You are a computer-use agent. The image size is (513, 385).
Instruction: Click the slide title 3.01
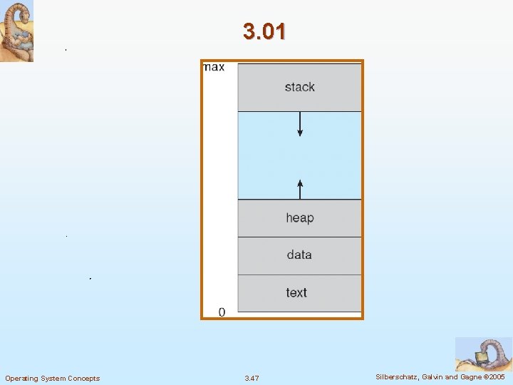264,31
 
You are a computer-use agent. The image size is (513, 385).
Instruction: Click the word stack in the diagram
299,87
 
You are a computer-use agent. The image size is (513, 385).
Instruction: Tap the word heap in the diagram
299,217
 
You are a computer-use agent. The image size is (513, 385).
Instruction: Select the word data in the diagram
299,255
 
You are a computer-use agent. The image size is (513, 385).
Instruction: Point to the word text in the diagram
296,292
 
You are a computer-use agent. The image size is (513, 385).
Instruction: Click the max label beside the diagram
214,67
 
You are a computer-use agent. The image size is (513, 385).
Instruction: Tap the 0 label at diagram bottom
222,312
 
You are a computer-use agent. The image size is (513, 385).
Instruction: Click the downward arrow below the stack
300,124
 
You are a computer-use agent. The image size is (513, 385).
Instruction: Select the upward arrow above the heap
300,188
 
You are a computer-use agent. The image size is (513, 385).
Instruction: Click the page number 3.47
252,378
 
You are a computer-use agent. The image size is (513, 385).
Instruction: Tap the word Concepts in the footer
84,378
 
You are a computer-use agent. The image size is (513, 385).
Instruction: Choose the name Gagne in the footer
470,376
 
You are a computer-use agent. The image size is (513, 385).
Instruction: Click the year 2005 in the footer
497,376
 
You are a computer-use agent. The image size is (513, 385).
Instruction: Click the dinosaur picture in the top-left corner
16,31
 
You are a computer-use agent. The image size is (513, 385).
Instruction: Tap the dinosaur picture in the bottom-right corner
483,354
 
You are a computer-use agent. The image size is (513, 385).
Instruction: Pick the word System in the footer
53,378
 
